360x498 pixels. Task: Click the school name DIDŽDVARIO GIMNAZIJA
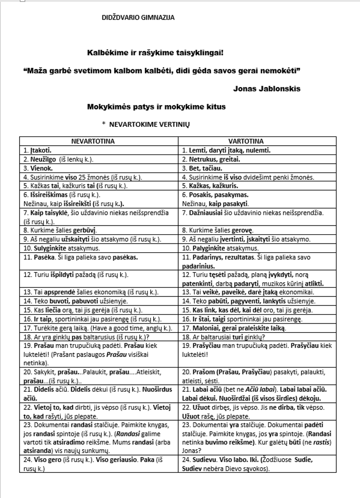pos(138,18)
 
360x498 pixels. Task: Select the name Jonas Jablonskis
pos(266,88)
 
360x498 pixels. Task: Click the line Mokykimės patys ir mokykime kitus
pos(156,107)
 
